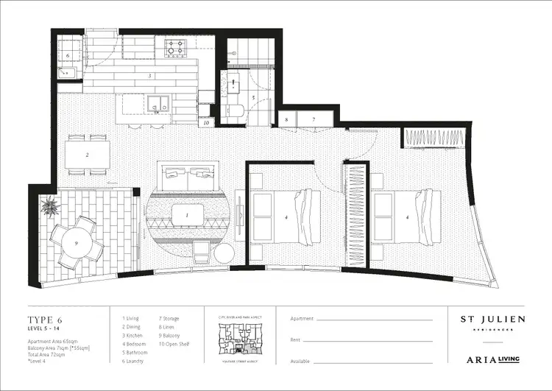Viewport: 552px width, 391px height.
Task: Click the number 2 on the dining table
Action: click(88, 155)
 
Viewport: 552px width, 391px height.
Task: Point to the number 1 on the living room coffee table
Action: click(187, 215)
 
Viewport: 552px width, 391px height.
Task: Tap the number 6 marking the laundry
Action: click(67, 55)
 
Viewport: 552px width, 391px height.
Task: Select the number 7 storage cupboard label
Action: click(313, 119)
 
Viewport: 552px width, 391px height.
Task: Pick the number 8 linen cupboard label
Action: click(286, 119)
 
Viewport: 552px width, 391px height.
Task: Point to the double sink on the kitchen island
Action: click(158, 103)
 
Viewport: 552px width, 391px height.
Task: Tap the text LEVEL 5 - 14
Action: click(45, 328)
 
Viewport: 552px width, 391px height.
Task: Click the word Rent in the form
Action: click(297, 340)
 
